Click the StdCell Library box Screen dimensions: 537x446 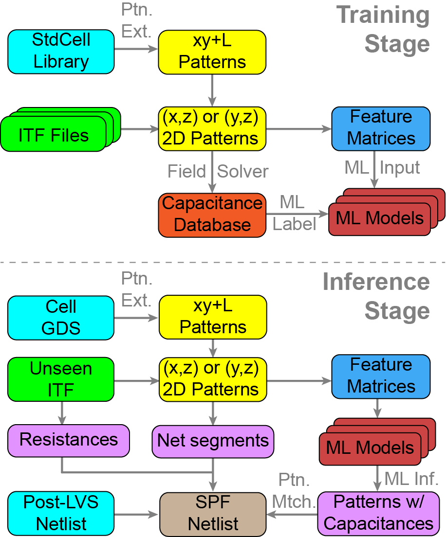tap(61, 51)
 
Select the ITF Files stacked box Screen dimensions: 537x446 tap(54, 134)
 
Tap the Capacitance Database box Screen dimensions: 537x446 tap(212, 214)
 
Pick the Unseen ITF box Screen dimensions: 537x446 tap(61, 379)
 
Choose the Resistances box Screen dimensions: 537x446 tap(69, 440)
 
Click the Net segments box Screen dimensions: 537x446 tap(213, 441)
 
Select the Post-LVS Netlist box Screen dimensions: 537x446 tap(61, 513)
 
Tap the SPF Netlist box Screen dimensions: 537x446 tap(213, 514)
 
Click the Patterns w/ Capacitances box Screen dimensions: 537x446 tap(378, 513)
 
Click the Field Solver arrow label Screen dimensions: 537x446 tap(218, 171)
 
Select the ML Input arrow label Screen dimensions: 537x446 tap(382, 168)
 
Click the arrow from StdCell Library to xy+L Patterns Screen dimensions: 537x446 tap(136, 50)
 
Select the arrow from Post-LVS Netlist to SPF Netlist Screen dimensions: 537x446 tap(137, 513)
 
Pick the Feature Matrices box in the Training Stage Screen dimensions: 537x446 tap(381, 128)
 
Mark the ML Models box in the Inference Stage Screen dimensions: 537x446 tap(370, 447)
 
